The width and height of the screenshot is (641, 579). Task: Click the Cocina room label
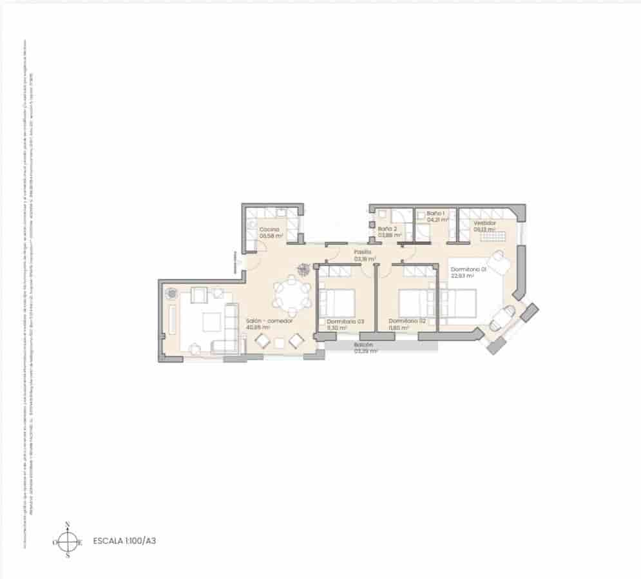coord(269,229)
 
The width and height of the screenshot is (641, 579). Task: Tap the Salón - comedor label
coord(269,321)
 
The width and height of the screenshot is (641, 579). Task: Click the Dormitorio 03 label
coord(345,321)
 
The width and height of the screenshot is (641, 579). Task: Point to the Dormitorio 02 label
coord(407,321)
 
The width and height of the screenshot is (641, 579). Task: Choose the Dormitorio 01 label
coord(468,269)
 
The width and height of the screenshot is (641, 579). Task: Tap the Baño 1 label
coord(436,213)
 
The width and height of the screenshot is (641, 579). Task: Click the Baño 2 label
coord(388,229)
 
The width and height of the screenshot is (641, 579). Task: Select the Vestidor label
coord(484,223)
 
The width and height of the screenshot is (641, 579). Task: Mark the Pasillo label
coord(363,252)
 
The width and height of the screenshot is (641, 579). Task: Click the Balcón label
coord(363,345)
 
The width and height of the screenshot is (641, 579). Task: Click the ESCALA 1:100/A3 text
coord(124,541)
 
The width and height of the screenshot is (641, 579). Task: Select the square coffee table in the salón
coord(211,321)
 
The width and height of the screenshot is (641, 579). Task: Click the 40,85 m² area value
coord(258,327)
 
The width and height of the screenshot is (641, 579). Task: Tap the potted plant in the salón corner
coord(172,294)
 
